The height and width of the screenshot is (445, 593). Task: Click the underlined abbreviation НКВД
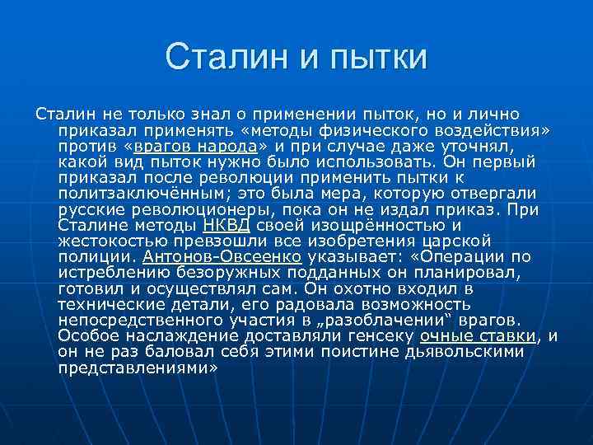point(225,224)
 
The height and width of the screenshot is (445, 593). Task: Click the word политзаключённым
point(133,194)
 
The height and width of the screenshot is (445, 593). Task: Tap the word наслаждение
point(183,335)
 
